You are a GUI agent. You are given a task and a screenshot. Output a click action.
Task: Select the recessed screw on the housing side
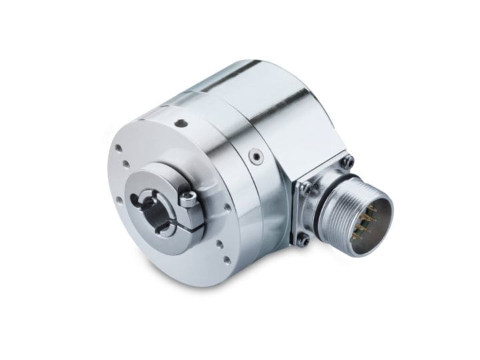253,157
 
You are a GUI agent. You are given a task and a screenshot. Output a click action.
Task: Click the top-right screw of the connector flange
347,161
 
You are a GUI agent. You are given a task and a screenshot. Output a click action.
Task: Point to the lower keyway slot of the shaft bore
162,229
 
